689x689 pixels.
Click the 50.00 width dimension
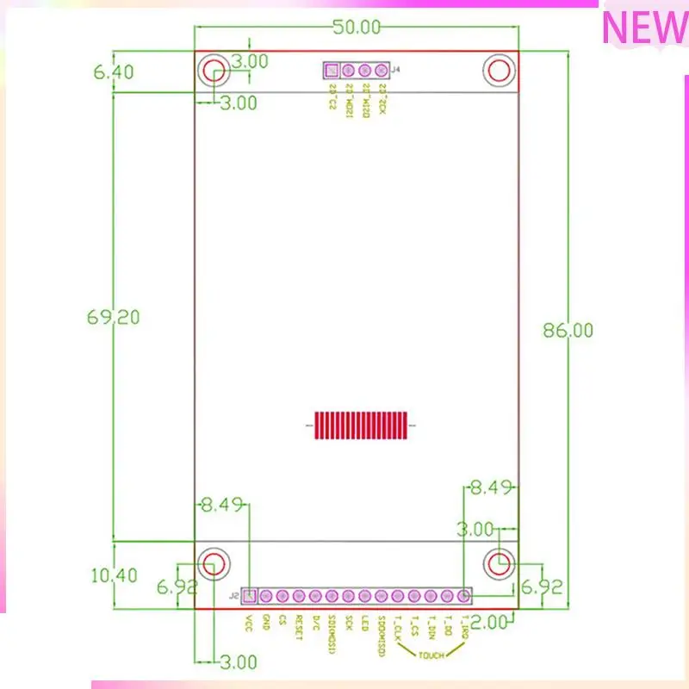coord(357,27)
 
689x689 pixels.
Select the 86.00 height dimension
coord(567,330)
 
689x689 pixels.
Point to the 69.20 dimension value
coord(113,316)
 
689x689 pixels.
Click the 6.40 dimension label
coord(113,72)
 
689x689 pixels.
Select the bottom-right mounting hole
coord(499,563)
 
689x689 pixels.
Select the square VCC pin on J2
coord(249,595)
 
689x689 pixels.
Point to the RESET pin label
coord(299,628)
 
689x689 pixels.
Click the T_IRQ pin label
coord(464,628)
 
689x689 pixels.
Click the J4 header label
coord(396,70)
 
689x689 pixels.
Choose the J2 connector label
coord(233,595)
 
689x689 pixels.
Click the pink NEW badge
coord(643,28)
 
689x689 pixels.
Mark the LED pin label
coord(365,622)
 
